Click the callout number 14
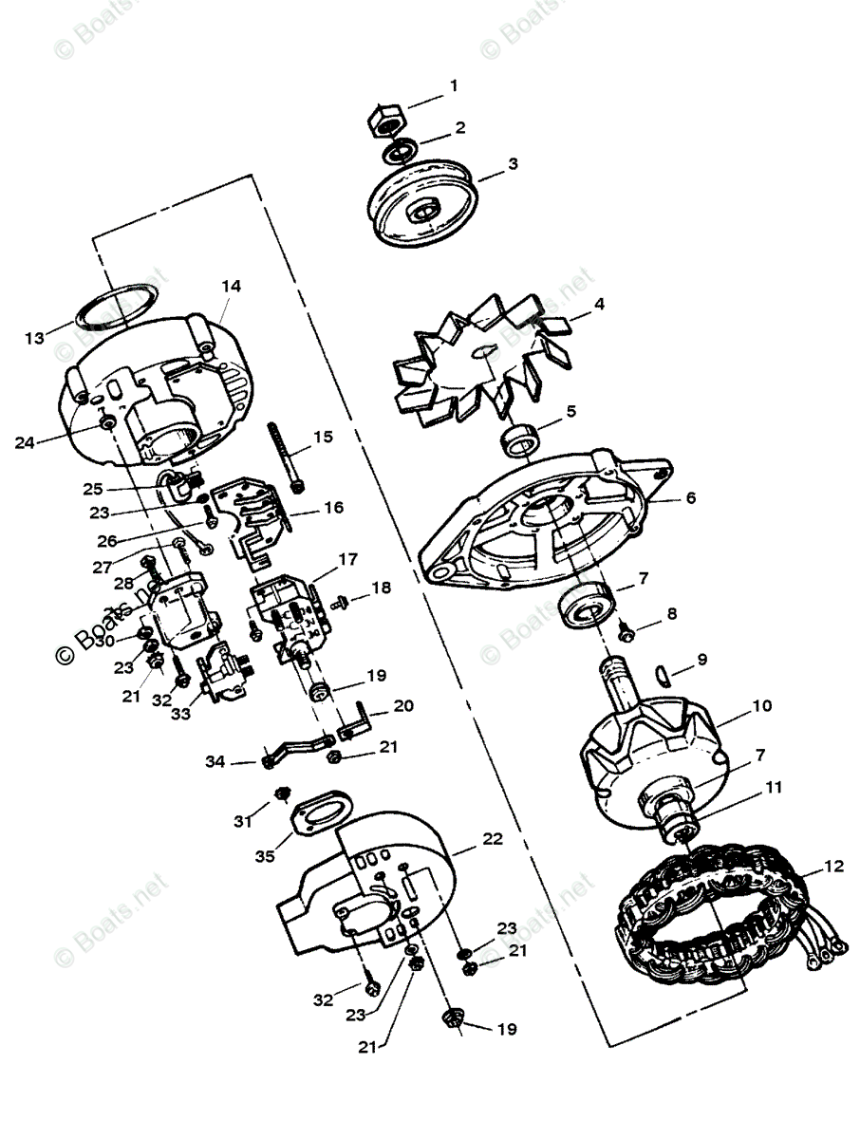pyautogui.click(x=232, y=286)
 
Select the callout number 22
pyautogui.click(x=493, y=839)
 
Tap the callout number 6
pyautogui.click(x=690, y=498)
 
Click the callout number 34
pyautogui.click(x=216, y=761)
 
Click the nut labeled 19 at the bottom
pyautogui.click(x=451, y=1020)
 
